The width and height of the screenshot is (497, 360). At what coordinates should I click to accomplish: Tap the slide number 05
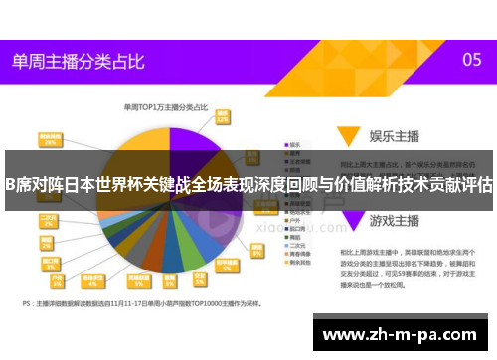coord(472,60)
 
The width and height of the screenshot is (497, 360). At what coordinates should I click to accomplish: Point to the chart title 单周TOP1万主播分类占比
coord(165,106)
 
